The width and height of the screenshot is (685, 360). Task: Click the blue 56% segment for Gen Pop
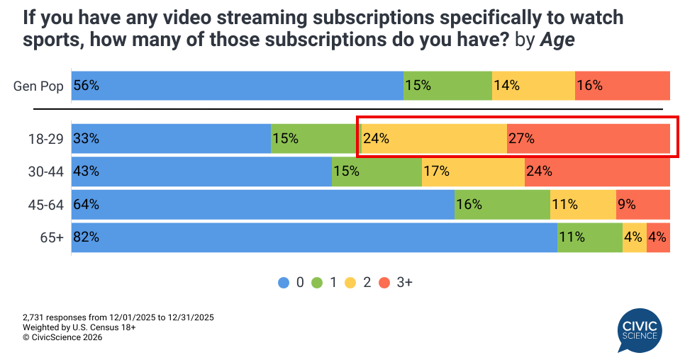point(237,86)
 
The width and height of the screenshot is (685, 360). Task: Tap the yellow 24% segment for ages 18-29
point(434,139)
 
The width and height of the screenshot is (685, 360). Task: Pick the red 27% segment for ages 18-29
point(589,139)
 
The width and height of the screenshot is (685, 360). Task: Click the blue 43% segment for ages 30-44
point(201,171)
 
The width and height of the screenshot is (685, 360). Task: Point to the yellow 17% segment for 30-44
point(473,171)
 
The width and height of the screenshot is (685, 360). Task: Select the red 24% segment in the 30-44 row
point(597,171)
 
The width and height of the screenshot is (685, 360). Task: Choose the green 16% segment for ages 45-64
point(502,205)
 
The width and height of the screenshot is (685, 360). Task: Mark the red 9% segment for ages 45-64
point(643,205)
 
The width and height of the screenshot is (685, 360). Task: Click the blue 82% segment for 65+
point(314,237)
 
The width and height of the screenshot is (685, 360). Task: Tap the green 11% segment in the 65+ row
point(590,237)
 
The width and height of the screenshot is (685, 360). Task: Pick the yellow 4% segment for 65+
point(635,237)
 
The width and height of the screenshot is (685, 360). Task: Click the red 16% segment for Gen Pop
point(623,86)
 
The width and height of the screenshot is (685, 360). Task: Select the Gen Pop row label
point(38,86)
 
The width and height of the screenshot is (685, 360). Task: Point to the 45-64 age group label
point(47,206)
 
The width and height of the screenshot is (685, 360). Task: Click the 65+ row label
point(52,238)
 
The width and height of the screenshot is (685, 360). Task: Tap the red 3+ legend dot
point(385,282)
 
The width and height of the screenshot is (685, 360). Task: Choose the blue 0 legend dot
point(283,282)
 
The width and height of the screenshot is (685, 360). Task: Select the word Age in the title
point(557,41)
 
